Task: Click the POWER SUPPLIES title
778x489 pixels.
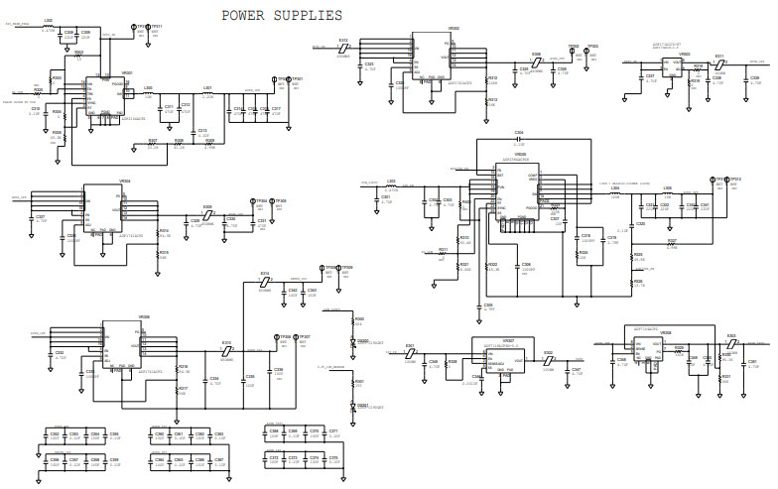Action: tap(282, 15)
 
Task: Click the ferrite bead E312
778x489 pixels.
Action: tap(343, 48)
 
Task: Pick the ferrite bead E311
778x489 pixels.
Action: tap(720, 62)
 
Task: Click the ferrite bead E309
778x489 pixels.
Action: tap(207, 214)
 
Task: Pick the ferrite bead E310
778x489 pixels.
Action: tap(226, 351)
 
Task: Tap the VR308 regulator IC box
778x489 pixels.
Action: tap(653, 350)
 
